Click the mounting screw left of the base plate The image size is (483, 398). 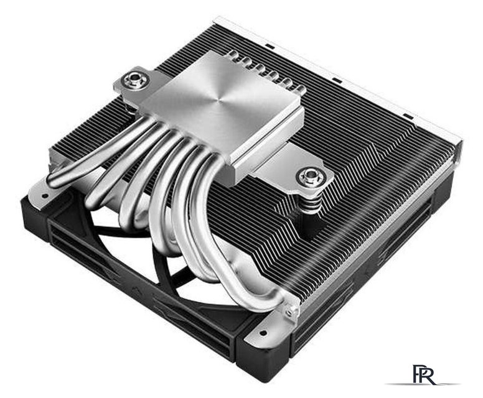coord(134,81)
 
